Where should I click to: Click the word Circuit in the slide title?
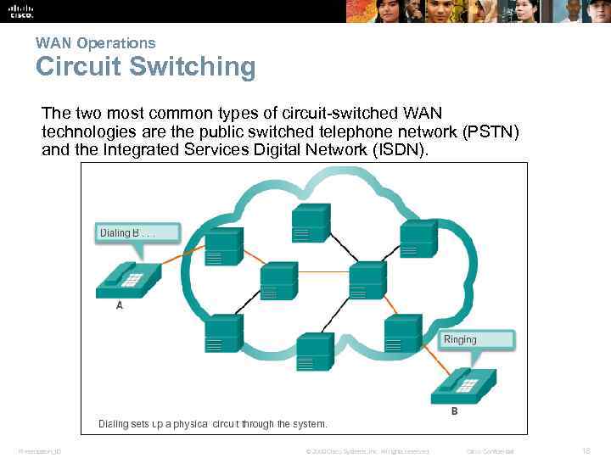pyautogui.click(x=80, y=67)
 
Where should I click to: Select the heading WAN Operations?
pyautogui.click(x=95, y=42)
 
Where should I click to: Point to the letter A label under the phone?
pyautogui.click(x=120, y=305)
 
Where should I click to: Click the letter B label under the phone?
pyautogui.click(x=454, y=412)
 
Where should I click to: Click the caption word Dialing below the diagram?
pyautogui.click(x=114, y=423)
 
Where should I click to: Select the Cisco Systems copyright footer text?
pyautogui.click(x=367, y=451)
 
